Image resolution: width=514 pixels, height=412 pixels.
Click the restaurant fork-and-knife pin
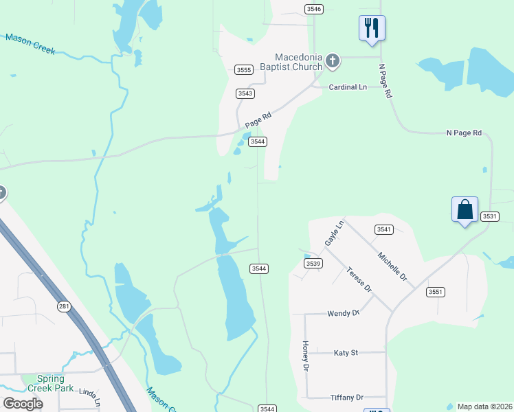tap(372, 28)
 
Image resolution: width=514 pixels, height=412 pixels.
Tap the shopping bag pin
tap(465, 209)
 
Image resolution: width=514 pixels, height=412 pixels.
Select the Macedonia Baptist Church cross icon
tap(333, 61)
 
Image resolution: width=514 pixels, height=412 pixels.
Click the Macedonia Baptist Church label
tap(298, 62)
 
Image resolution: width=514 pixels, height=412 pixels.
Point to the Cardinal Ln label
tap(347, 87)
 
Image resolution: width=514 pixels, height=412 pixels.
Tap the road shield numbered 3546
tap(313, 8)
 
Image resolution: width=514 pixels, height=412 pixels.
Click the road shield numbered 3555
tap(243, 69)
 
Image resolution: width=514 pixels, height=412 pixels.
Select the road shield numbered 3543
tap(245, 93)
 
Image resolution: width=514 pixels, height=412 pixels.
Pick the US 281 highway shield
tap(63, 306)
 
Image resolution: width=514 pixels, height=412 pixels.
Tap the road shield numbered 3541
tap(384, 229)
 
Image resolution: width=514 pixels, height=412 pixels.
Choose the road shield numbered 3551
tap(436, 292)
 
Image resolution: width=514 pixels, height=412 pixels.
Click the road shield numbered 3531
tap(489, 216)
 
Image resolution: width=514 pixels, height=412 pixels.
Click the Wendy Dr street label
tap(344, 313)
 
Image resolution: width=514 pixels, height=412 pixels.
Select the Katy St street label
tap(346, 353)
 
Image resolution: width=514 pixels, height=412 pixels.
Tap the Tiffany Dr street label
tap(346, 398)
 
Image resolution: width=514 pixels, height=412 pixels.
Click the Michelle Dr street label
tap(393, 266)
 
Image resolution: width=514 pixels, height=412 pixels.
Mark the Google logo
tap(23, 403)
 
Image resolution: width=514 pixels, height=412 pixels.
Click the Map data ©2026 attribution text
tap(484, 407)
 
